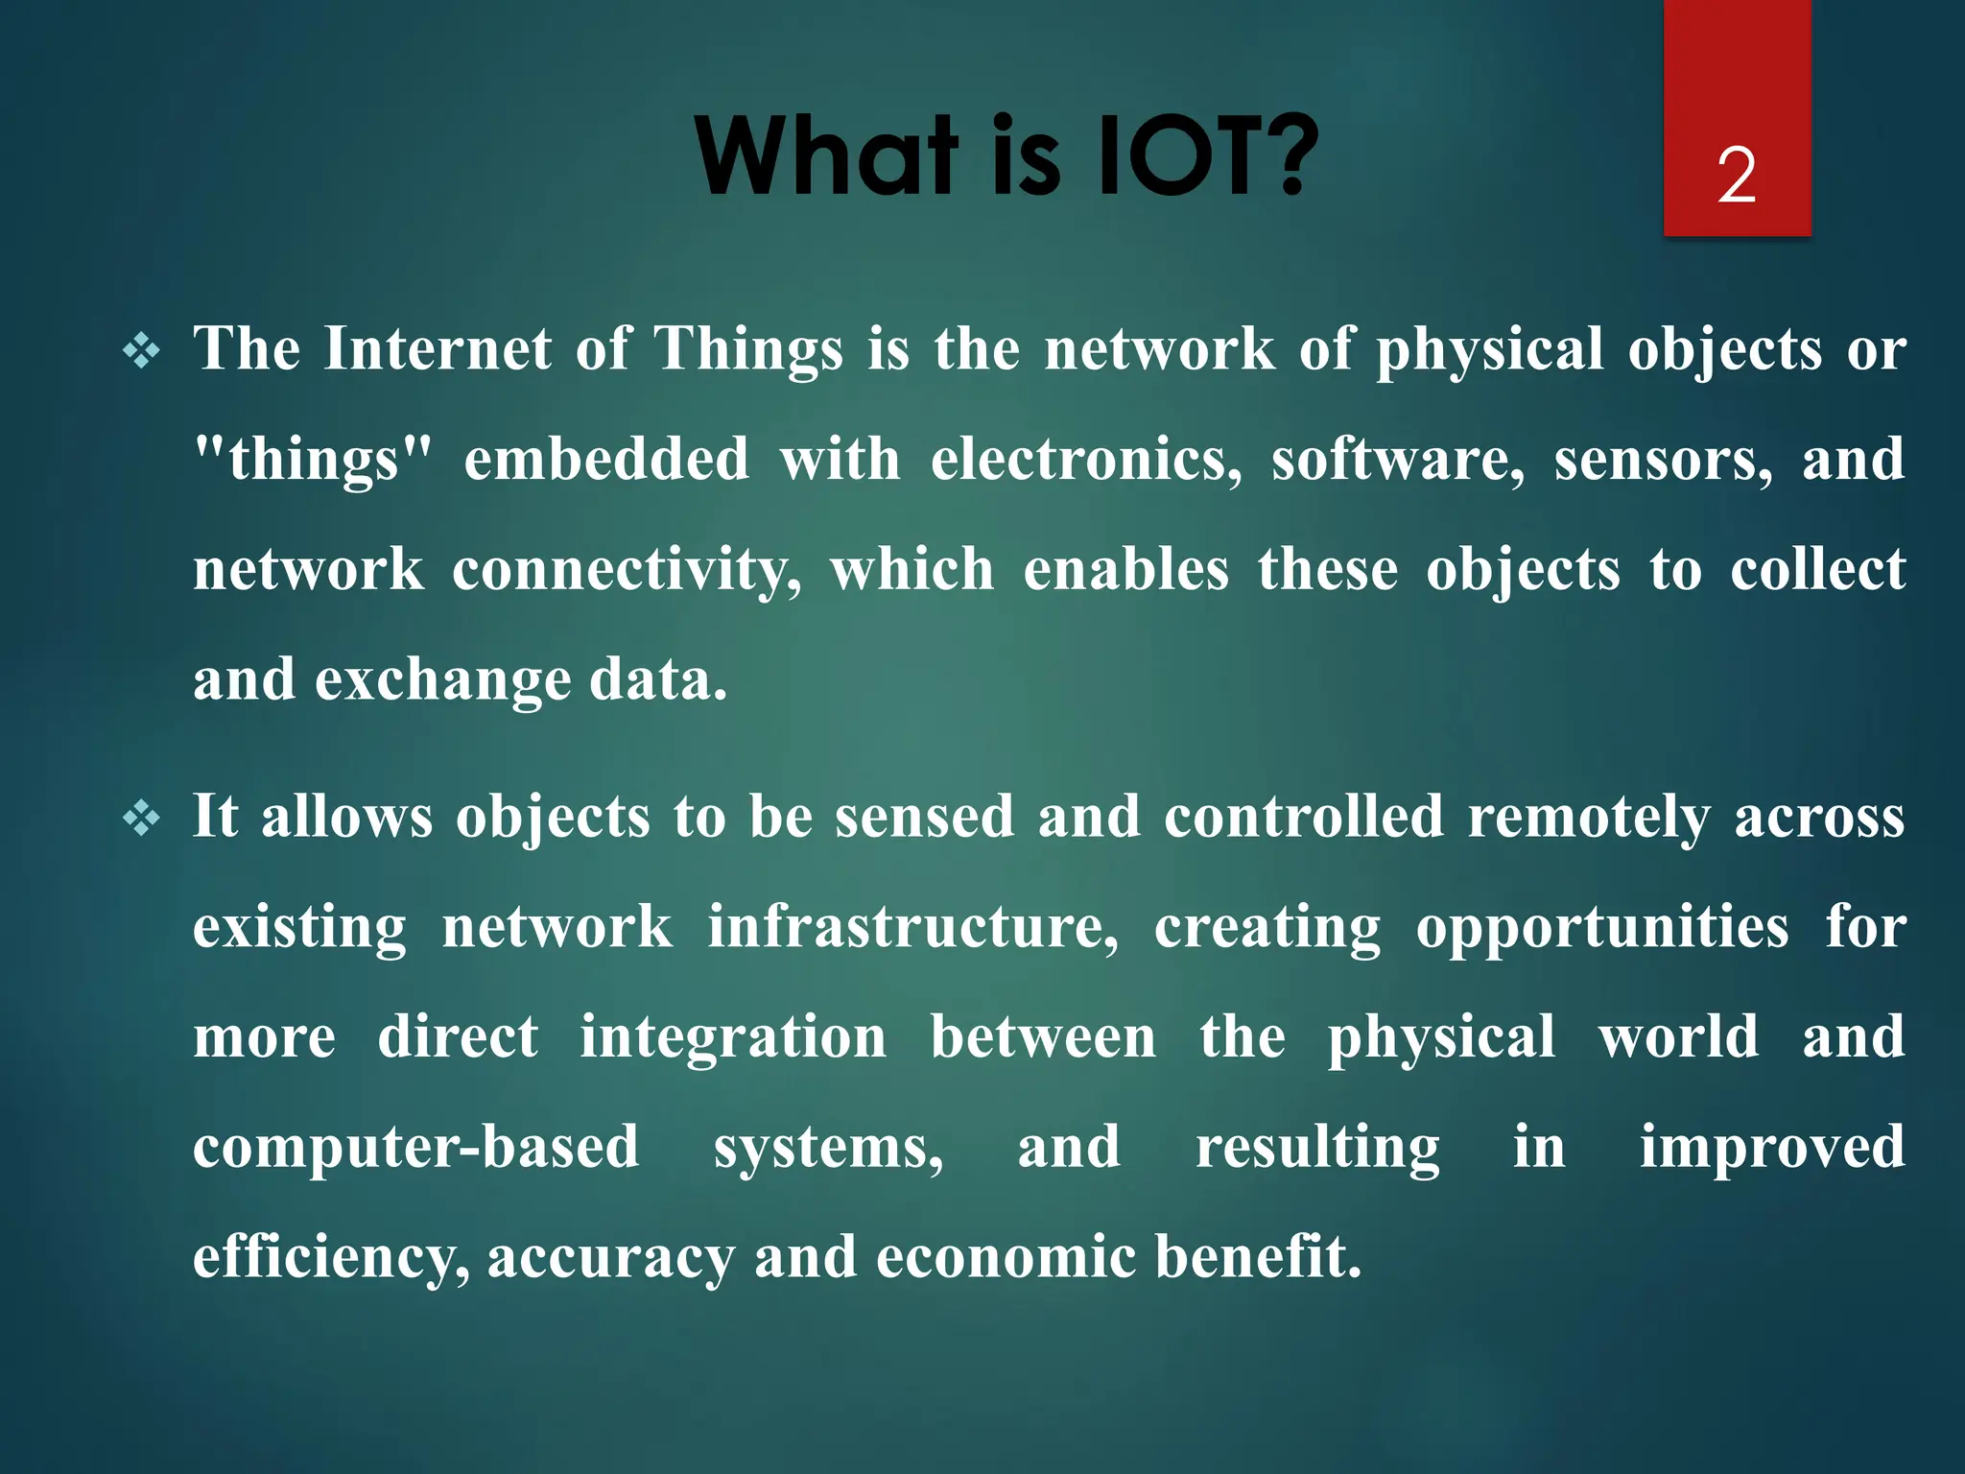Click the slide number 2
(x=1737, y=176)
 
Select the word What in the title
(x=827, y=155)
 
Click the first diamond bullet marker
(x=142, y=351)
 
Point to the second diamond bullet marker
(x=142, y=819)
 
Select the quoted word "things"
(x=313, y=460)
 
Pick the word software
(x=1398, y=459)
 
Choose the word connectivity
(x=627, y=570)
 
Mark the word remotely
(x=1589, y=817)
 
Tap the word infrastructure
(x=912, y=927)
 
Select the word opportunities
(x=1602, y=929)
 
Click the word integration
(x=733, y=1038)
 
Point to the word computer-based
(x=415, y=1148)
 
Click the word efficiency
(x=330, y=1258)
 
